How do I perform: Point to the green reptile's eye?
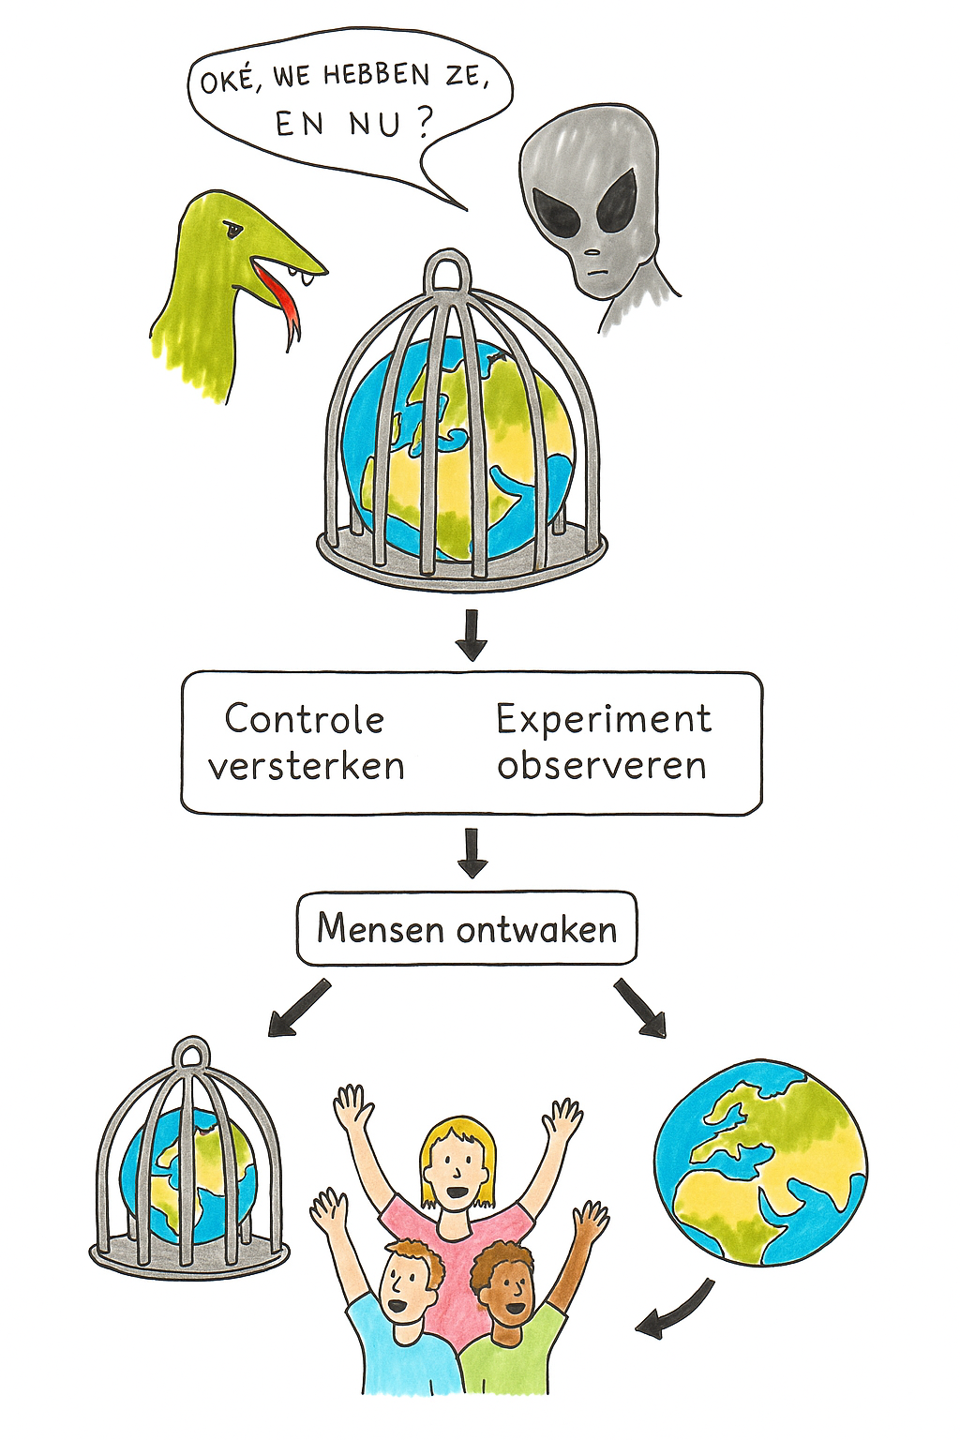point(232,229)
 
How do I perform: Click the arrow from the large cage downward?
point(471,635)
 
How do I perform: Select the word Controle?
point(304,720)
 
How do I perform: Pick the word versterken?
point(306,767)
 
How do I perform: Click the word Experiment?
point(603,720)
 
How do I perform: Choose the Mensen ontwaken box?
point(466,929)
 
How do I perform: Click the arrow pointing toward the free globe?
point(641,1008)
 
